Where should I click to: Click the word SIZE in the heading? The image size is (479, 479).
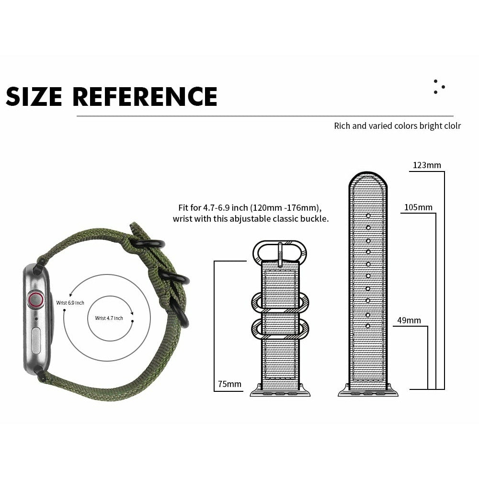(34, 96)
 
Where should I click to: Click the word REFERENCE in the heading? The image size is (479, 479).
(145, 96)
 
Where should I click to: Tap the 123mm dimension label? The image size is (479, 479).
(427, 165)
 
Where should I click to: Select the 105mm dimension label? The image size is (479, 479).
(418, 207)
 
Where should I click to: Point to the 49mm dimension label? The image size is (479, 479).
(409, 320)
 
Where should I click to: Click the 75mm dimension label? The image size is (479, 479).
(229, 384)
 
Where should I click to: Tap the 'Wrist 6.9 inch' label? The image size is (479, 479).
(70, 303)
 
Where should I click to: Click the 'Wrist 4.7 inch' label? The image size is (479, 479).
(109, 318)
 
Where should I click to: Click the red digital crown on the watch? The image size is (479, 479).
(35, 300)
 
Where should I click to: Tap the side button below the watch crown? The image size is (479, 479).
(36, 341)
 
